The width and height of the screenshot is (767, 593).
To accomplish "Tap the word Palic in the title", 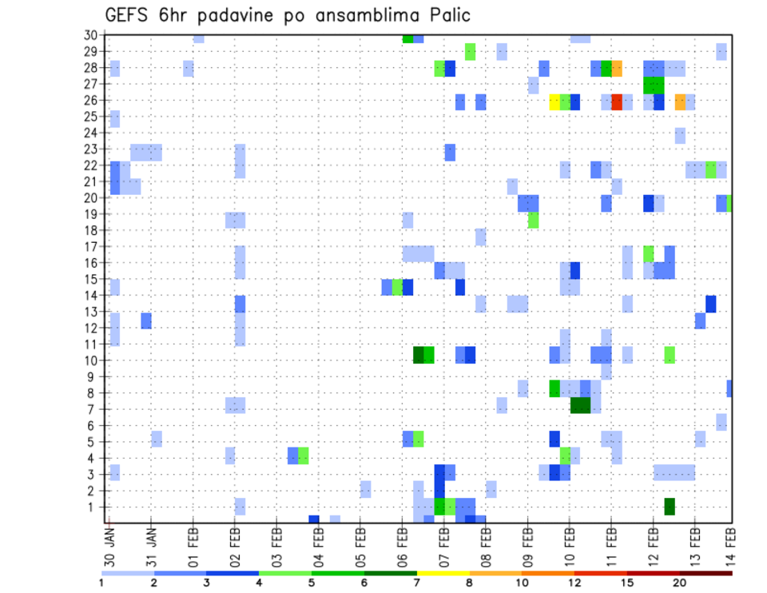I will pyautogui.click(x=447, y=15).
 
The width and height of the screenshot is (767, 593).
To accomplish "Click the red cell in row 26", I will pyautogui.click(x=617, y=101).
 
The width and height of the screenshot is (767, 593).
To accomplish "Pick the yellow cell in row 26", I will pyautogui.click(x=554, y=101).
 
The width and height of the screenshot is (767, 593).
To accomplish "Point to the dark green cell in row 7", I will pyautogui.click(x=581, y=405).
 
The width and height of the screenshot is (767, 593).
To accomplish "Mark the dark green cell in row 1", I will pyautogui.click(x=670, y=507).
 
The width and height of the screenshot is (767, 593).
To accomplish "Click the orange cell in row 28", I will pyautogui.click(x=617, y=69).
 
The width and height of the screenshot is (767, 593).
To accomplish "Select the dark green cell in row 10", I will pyautogui.click(x=418, y=354).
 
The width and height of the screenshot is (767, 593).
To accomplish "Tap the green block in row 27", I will pyautogui.click(x=654, y=85).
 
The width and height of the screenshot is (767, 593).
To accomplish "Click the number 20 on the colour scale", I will pyautogui.click(x=680, y=583).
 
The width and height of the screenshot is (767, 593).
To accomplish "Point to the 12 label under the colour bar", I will pyautogui.click(x=575, y=583).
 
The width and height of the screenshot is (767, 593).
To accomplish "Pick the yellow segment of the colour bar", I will pyautogui.click(x=443, y=573).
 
